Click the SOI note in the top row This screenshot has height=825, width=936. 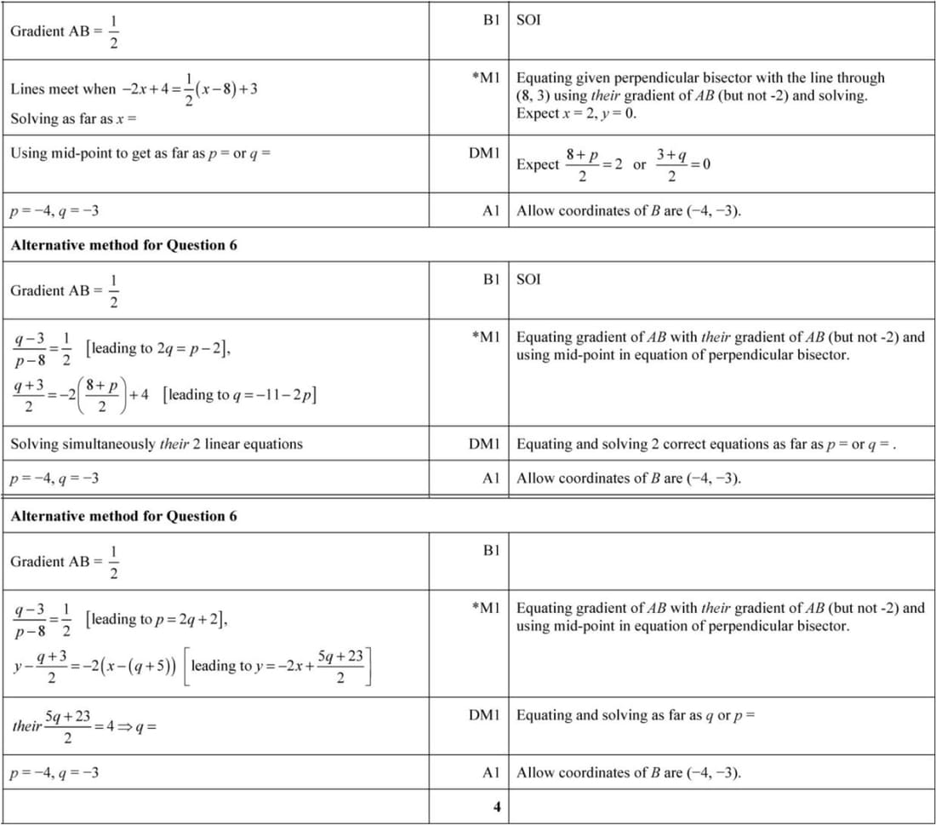click(x=528, y=20)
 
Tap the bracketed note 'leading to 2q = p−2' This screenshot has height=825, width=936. click(x=157, y=348)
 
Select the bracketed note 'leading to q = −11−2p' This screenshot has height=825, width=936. click(x=240, y=395)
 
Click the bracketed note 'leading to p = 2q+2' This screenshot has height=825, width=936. click(x=157, y=619)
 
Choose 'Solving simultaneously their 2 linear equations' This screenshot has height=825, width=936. click(x=157, y=444)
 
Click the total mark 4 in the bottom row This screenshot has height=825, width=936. click(x=497, y=807)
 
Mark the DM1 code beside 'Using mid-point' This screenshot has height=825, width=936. click(x=484, y=153)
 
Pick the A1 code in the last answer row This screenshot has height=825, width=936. click(x=490, y=773)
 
